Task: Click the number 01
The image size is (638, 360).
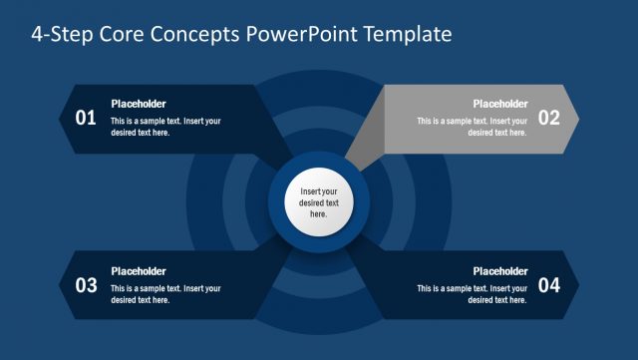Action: [86, 118]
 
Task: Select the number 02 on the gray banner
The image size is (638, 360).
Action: [549, 118]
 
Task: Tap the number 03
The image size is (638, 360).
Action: [86, 286]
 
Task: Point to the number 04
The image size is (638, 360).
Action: [549, 286]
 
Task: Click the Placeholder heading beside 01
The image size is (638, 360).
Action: [138, 104]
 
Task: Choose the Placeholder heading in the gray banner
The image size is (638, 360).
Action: [499, 104]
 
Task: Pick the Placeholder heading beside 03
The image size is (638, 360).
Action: [138, 271]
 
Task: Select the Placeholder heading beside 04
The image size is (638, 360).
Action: [499, 271]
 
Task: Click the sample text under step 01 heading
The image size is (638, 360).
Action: [165, 127]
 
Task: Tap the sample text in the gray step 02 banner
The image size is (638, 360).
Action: [472, 127]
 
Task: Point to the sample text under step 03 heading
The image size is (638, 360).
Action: [165, 294]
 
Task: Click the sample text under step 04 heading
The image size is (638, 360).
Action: [472, 294]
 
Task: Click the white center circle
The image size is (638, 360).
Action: [318, 202]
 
